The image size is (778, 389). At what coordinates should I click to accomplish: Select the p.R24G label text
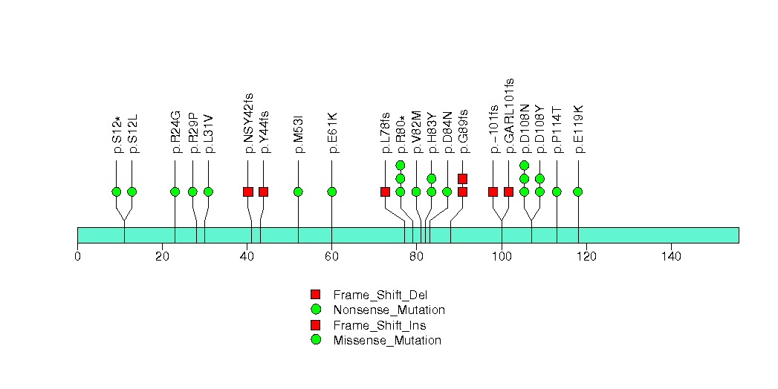(175, 132)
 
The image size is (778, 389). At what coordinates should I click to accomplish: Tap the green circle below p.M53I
(298, 192)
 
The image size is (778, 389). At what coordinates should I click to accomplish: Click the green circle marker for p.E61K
(331, 192)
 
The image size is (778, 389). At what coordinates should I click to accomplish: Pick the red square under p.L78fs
(385, 192)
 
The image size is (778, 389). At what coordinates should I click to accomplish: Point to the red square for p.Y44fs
(263, 192)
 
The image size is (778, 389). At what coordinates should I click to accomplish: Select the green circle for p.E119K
(578, 192)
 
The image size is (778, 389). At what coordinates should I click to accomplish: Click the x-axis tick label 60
(331, 256)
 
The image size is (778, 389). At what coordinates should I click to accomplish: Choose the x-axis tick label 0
(77, 256)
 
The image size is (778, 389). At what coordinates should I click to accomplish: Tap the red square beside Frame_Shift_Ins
(316, 325)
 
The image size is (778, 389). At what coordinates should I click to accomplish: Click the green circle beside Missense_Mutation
(316, 340)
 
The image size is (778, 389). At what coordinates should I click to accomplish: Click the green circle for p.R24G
(175, 192)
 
